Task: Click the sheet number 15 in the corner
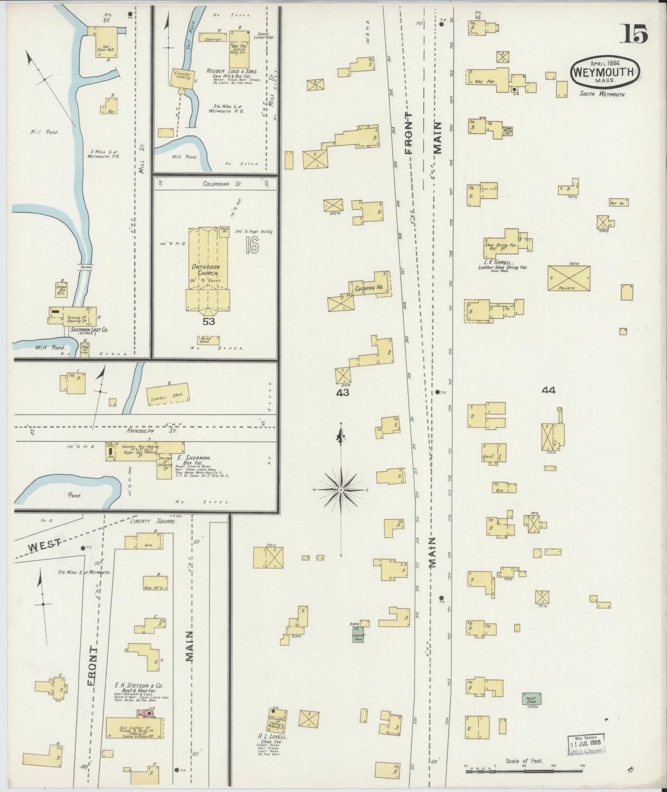tap(636, 34)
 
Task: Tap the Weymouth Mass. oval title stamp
tap(606, 73)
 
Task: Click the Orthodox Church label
tap(208, 270)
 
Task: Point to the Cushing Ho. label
tap(369, 288)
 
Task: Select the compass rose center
tap(341, 489)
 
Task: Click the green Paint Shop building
tap(531, 699)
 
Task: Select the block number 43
tap(343, 392)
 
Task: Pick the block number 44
tap(548, 390)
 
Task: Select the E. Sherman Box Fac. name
tap(194, 457)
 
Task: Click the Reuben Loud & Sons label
tap(233, 72)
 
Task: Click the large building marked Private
tap(569, 278)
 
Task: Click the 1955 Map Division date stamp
tap(585, 744)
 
